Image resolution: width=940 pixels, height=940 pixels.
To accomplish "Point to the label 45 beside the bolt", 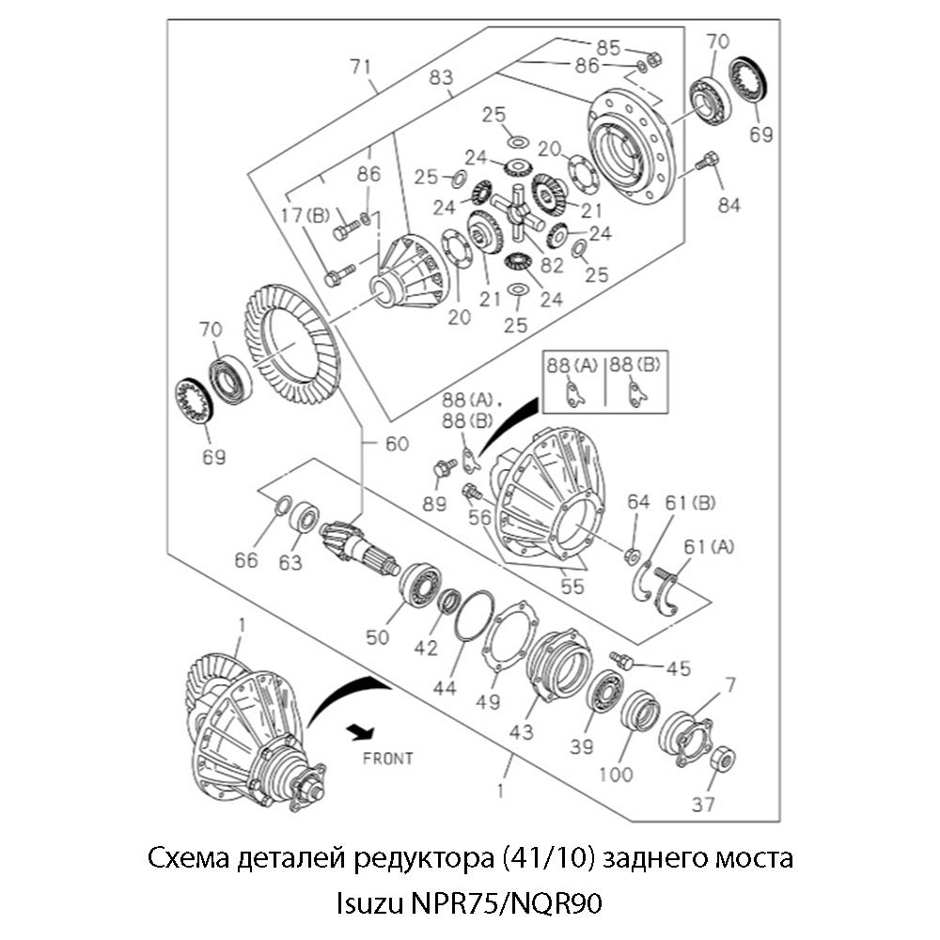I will click(678, 668).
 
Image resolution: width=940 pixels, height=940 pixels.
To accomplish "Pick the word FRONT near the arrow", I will click(387, 758).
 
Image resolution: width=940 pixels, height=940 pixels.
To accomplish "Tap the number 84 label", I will click(728, 205).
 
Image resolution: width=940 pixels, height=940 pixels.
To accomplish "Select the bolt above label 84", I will click(706, 164).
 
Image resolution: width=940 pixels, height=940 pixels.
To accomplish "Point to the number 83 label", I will click(441, 78).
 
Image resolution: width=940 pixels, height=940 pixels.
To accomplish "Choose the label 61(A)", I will click(707, 547).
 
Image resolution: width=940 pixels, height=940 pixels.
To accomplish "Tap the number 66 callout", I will click(246, 561).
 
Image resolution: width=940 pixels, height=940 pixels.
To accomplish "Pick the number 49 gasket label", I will click(488, 702).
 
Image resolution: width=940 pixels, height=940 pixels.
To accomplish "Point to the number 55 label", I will click(572, 587).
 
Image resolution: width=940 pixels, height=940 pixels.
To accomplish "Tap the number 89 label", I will click(433, 504).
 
